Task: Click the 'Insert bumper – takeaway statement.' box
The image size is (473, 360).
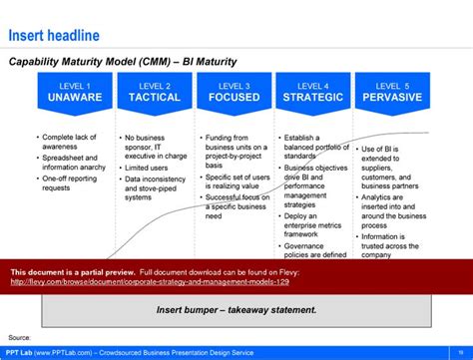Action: click(236, 309)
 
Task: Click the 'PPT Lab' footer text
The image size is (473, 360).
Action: click(19, 351)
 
